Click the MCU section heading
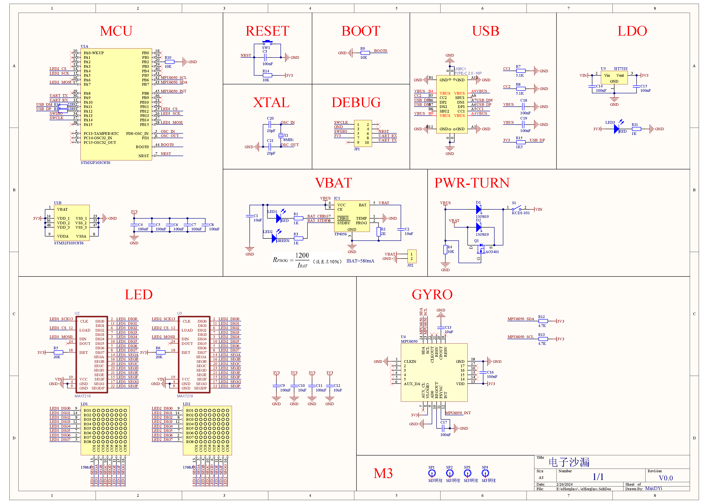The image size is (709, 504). pyautogui.click(x=116, y=31)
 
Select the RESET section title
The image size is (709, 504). pyautogui.click(x=267, y=31)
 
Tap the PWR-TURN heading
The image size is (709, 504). pyautogui.click(x=472, y=183)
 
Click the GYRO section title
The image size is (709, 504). pyautogui.click(x=432, y=294)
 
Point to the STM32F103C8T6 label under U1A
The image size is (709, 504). pyautogui.click(x=95, y=163)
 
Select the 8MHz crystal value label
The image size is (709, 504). pyautogui.click(x=288, y=140)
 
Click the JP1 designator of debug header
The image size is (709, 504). pyautogui.click(x=357, y=149)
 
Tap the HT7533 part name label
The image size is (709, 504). pyautogui.click(x=620, y=69)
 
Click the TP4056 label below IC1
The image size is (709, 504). pyautogui.click(x=340, y=234)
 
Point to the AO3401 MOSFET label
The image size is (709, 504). pyautogui.click(x=492, y=252)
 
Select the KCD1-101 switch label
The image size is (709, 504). pyautogui.click(x=520, y=213)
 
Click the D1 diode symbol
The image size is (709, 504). pyautogui.click(x=479, y=209)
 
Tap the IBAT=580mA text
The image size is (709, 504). pyautogui.click(x=360, y=261)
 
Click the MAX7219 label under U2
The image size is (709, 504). pyautogui.click(x=83, y=396)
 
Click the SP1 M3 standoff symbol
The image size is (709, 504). pyautogui.click(x=432, y=473)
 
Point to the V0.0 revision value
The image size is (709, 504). pyautogui.click(x=665, y=478)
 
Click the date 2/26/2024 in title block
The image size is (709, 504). pyautogui.click(x=564, y=484)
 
